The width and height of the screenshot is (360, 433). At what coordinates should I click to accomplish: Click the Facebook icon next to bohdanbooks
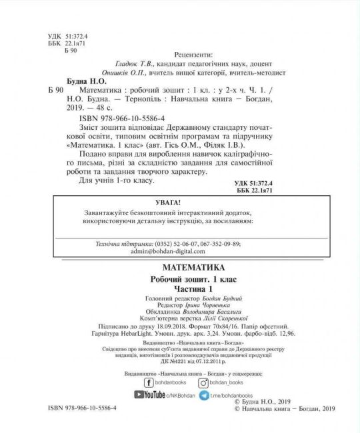[x=149, y=382]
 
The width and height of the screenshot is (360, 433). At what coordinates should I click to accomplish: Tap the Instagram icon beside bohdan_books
[x=206, y=382]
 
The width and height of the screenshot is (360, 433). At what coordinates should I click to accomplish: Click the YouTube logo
[x=150, y=395]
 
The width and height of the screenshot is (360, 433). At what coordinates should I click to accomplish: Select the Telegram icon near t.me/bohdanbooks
[x=206, y=395]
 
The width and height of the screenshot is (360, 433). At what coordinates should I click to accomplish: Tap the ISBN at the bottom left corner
[x=84, y=406]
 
